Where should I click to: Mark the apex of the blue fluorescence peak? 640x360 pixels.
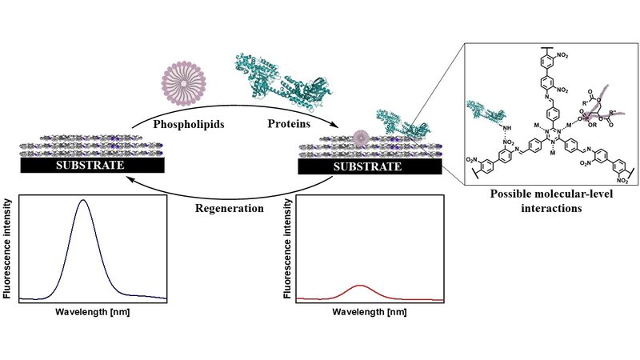click(83, 201)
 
